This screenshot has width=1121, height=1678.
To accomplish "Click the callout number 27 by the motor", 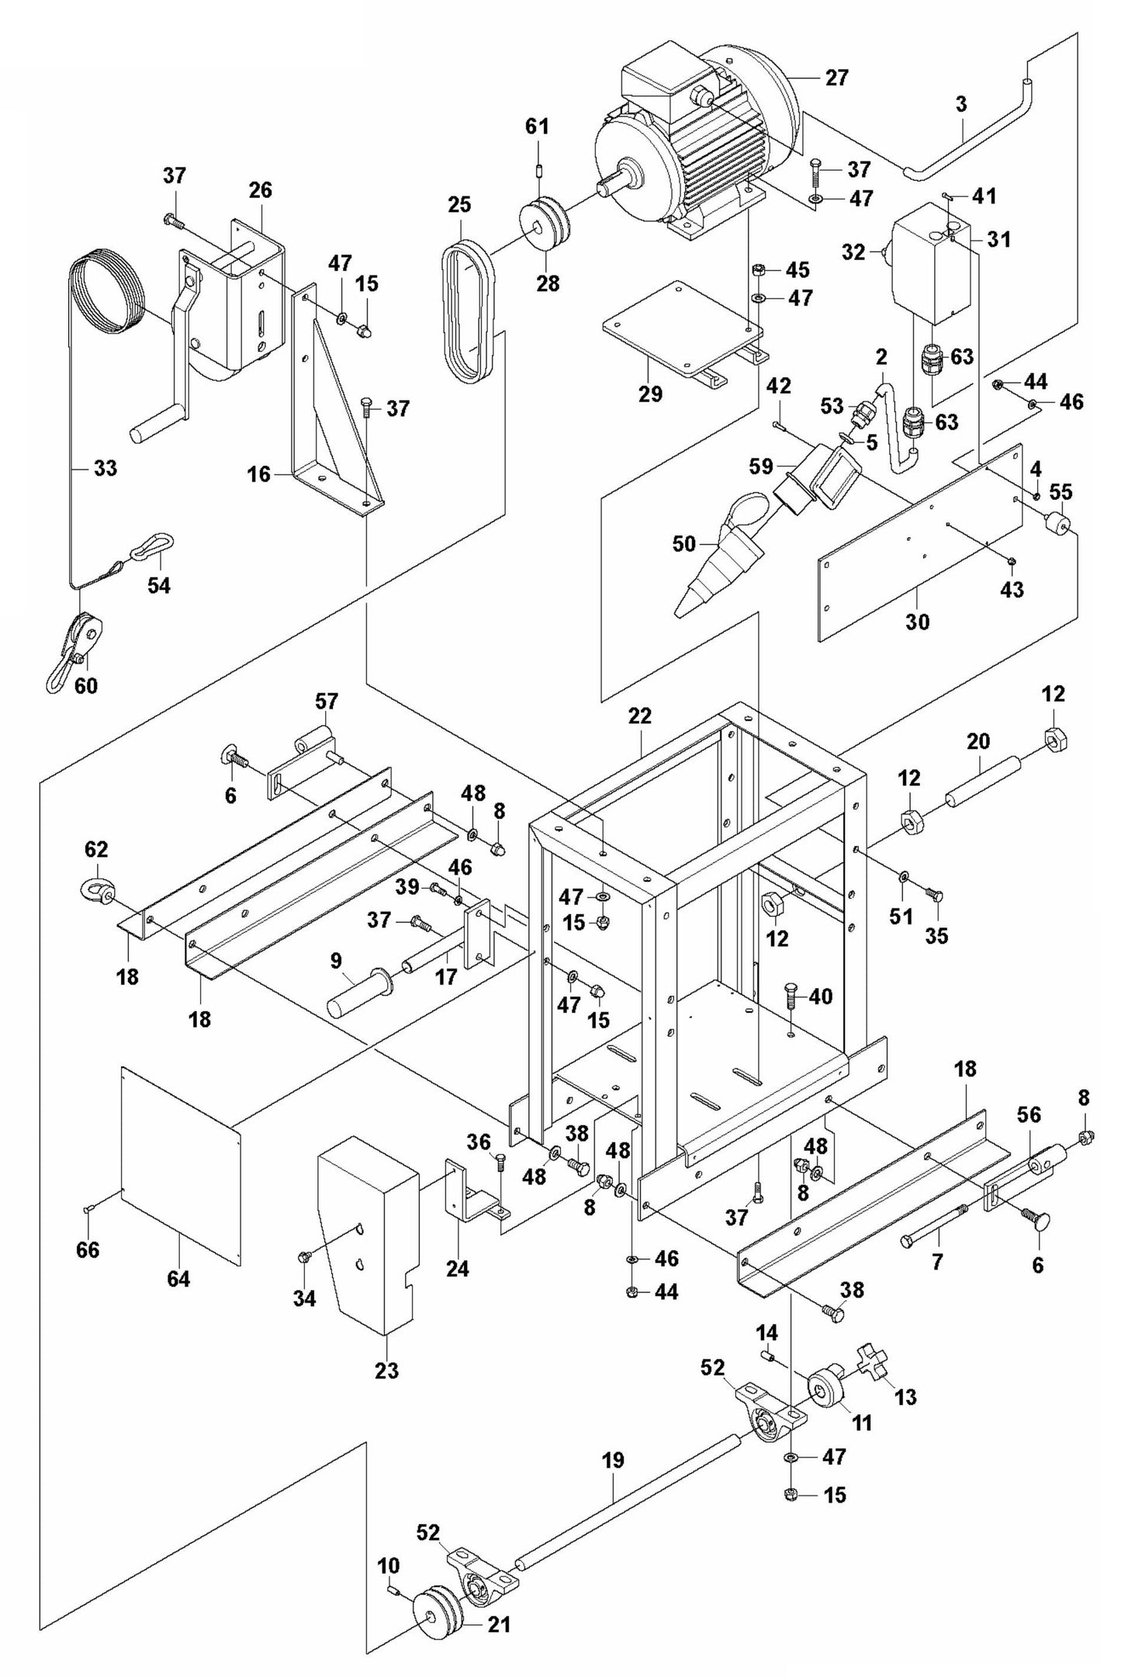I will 837,78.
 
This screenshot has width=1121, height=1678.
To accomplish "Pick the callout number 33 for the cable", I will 106,468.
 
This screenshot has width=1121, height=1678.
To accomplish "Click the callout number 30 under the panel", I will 917,621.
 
